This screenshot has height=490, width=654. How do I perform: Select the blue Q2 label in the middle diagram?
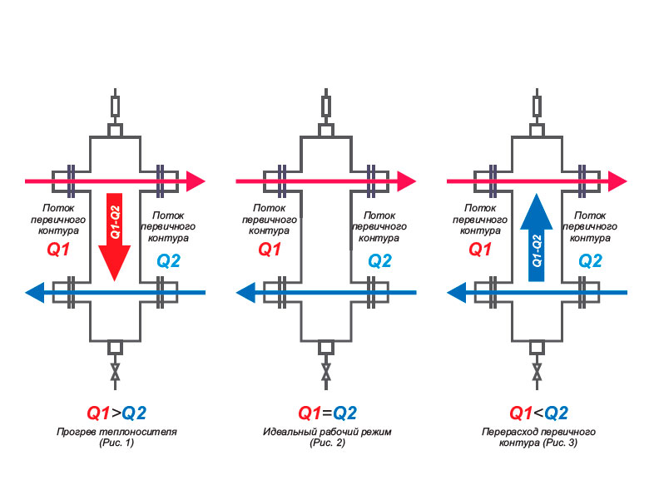click(379, 260)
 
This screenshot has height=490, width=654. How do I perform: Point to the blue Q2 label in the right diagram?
click(590, 260)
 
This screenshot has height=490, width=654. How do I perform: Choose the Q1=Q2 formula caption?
click(327, 413)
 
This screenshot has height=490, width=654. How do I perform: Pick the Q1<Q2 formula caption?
click(538, 413)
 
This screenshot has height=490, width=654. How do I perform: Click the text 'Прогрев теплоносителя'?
click(116, 432)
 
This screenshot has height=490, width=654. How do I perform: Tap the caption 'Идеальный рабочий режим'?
click(327, 432)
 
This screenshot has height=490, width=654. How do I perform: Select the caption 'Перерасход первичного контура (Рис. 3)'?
click(538, 438)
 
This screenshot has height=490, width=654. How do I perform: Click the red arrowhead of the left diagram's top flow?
click(196, 180)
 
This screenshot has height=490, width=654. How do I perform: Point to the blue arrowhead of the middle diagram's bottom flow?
click(246, 292)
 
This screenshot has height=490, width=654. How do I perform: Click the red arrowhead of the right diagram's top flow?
click(618, 180)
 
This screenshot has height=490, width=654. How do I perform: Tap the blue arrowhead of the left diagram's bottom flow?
click(36, 292)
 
